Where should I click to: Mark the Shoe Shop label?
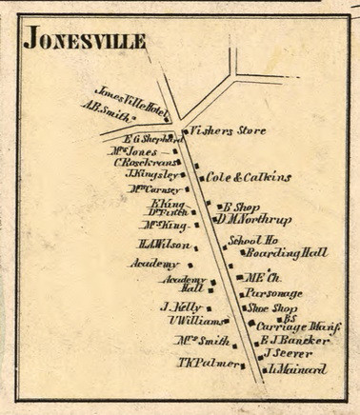click(x=272, y=308)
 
